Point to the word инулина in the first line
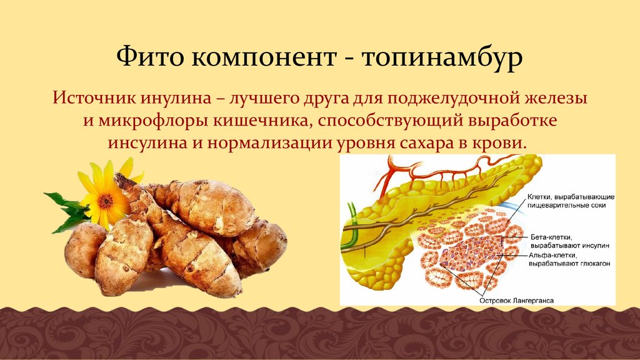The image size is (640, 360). click(x=170, y=99)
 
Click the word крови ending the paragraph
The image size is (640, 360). click(x=504, y=142)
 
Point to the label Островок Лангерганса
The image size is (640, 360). click(x=516, y=300)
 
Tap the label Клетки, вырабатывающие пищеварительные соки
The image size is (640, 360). click(x=566, y=200)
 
